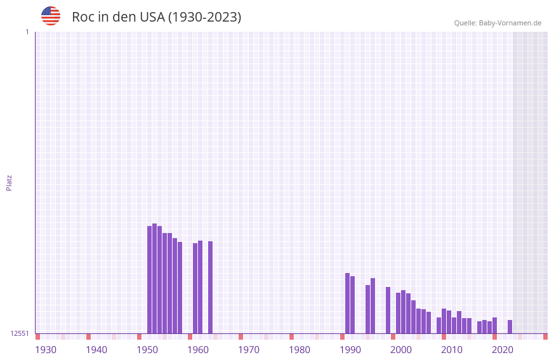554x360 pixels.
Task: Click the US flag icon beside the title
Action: click(51, 16)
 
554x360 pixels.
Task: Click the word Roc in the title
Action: click(83, 17)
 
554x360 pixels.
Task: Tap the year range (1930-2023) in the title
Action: click(204, 17)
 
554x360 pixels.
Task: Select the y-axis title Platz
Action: click(9, 182)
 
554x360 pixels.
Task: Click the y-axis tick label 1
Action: click(27, 32)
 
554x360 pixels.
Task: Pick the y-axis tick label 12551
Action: click(19, 333)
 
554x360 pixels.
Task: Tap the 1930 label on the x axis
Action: click(46, 350)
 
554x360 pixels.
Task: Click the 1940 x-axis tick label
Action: click(96, 350)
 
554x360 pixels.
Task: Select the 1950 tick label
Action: click(147, 350)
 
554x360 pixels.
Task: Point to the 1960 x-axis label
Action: click(198, 350)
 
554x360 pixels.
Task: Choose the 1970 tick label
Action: click(249, 350)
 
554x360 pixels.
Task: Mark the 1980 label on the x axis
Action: click(300, 350)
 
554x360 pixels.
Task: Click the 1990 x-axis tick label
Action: click(350, 350)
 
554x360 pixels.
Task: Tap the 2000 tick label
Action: click(401, 350)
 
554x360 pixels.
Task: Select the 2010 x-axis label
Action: click(452, 350)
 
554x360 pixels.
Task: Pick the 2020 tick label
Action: click(503, 350)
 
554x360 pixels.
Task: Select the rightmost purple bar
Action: click(510, 326)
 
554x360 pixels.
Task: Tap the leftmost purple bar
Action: click(149, 279)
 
